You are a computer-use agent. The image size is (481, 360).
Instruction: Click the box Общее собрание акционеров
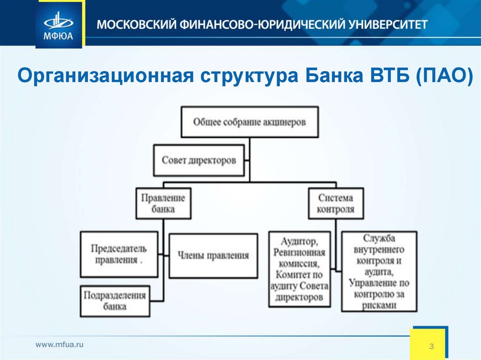[x=249, y=122]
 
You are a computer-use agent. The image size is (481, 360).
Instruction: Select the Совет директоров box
[x=199, y=160]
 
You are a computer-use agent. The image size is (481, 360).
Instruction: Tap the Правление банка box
[x=163, y=203]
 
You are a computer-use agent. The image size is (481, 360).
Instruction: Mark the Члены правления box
[x=213, y=256]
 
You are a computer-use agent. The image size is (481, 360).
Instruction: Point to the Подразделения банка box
[x=115, y=301]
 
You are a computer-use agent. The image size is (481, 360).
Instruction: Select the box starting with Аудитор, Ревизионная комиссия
[x=300, y=269]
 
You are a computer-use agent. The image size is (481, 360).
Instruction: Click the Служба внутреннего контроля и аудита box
[x=379, y=272]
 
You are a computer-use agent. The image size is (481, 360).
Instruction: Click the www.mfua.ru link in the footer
[x=60, y=345]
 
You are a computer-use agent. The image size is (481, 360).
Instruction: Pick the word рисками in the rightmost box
[x=379, y=305]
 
